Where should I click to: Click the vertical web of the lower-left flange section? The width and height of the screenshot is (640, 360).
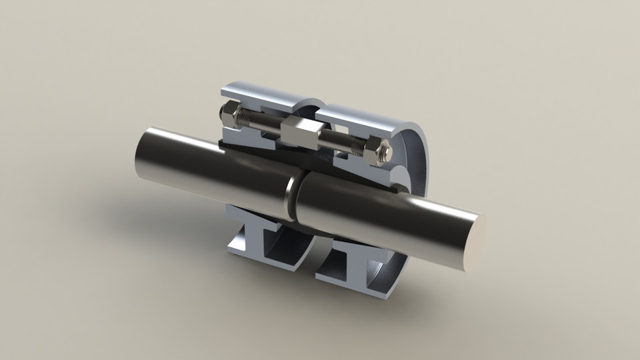click(257, 240)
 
